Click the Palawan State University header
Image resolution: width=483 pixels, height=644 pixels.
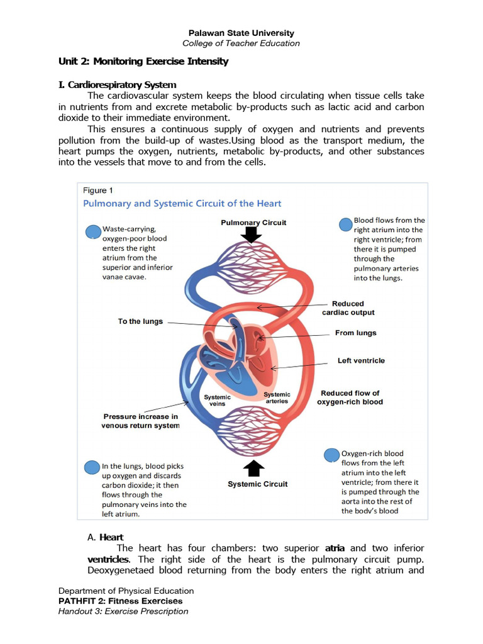(241, 33)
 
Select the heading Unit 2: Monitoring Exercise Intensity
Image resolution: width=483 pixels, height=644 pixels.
(143, 62)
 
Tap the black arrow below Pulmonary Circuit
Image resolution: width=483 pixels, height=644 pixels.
(253, 235)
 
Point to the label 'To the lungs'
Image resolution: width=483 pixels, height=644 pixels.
(140, 321)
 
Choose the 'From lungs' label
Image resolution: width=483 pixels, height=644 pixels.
(356, 333)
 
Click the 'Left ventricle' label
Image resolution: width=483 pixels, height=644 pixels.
(361, 360)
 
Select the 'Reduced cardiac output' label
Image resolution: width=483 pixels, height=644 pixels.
(348, 308)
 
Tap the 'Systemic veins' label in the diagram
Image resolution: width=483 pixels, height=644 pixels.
(217, 401)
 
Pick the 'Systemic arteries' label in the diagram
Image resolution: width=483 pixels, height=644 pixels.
(277, 397)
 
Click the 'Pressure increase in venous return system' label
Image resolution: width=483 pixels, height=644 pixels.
(140, 421)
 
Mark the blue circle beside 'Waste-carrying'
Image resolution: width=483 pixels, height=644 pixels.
(93, 232)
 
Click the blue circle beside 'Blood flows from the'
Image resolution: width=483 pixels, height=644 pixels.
(345, 224)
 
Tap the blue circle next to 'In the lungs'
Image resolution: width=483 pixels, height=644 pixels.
(92, 467)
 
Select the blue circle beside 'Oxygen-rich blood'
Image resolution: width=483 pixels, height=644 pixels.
(331, 455)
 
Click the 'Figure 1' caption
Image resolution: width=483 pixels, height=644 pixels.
(98, 190)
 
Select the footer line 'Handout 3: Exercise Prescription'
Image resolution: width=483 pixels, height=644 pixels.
(123, 611)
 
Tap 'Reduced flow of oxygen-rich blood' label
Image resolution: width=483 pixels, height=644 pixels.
(350, 397)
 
